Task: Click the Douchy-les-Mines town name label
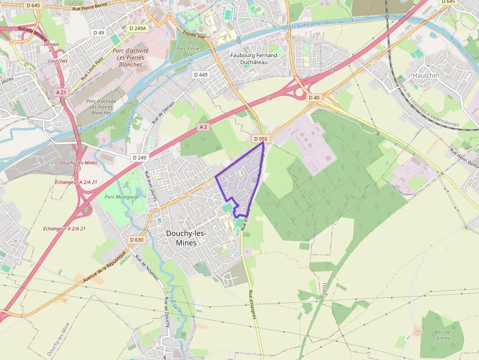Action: [x=186, y=238]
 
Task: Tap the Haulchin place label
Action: [x=426, y=75]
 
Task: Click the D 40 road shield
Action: [x=314, y=98]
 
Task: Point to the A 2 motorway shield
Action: [x=203, y=127]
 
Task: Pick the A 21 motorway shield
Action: [x=61, y=92]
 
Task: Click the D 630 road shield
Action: [x=137, y=240]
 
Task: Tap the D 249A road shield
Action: [x=137, y=28]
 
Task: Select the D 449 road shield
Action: [x=200, y=75]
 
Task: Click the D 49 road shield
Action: [x=99, y=33]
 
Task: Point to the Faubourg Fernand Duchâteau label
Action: [x=254, y=59]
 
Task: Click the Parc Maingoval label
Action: [x=122, y=197]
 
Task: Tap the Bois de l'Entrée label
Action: [x=442, y=336]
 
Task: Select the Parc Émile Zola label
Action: [x=187, y=51]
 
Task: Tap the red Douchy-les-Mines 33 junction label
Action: [x=78, y=165]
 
